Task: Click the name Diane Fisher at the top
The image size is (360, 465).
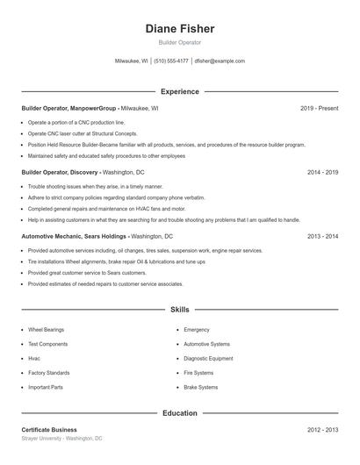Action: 179,29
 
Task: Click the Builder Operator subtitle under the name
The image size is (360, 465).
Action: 179,42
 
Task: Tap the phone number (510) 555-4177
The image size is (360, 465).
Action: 171,61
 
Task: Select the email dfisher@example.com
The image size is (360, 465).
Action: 220,61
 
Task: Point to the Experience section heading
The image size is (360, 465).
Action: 179,91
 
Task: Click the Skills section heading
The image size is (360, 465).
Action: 179,310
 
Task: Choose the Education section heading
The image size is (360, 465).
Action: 179,412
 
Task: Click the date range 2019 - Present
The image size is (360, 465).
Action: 319,109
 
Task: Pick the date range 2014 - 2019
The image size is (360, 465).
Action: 322,173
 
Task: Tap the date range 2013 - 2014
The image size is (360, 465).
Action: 322,237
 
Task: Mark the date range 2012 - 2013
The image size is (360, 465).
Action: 322,430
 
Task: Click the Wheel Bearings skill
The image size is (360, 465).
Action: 47,330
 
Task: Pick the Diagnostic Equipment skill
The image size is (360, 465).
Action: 208,358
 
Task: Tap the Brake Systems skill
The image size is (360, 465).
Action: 200,387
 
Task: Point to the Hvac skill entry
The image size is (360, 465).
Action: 34,358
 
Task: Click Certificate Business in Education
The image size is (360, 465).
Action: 49,430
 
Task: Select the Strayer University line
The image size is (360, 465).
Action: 61,438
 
